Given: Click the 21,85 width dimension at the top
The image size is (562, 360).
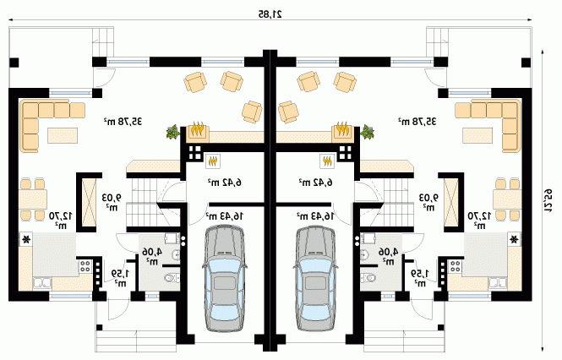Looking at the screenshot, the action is tap(270, 14).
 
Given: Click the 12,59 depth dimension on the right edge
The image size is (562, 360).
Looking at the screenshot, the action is tap(548, 201).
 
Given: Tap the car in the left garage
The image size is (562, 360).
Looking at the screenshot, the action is tap(225, 278).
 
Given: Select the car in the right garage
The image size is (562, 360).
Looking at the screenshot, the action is tap(315, 278).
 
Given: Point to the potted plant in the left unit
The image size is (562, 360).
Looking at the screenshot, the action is tap(172, 132).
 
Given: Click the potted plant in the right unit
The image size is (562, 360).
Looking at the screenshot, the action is tap(368, 132).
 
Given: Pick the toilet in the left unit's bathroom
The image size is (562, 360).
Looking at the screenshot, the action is tap(172, 277).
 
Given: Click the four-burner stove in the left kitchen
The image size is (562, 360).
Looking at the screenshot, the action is tap(85, 266).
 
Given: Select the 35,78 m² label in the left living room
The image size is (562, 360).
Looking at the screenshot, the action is tap(123, 122).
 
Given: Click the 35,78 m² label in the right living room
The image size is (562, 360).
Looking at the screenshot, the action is tap(417, 122).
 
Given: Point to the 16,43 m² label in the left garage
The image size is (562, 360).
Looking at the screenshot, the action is tap(224, 215).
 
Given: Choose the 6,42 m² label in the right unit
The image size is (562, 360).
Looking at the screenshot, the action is tap(315, 183).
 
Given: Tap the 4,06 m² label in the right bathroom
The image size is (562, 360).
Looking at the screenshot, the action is tap(388, 256).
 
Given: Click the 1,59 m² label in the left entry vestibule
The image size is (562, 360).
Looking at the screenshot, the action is tap(121, 278).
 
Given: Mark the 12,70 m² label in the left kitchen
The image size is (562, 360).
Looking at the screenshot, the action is tap(61, 220).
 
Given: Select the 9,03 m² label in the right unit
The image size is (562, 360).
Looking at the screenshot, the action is tap(429, 201).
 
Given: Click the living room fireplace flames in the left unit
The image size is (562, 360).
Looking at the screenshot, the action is tap(198, 128).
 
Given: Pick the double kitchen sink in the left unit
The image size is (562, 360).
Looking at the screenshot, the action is tap(42, 283).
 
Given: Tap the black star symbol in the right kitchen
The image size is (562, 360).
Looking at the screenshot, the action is tap(515, 239).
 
